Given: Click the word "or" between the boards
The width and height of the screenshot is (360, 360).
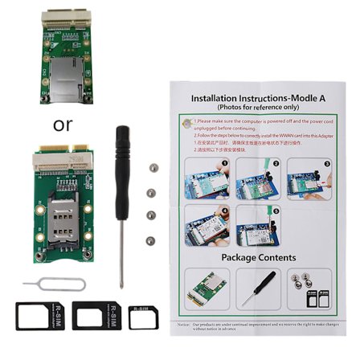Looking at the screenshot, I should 62,125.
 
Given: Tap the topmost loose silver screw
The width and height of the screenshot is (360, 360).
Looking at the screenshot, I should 153,168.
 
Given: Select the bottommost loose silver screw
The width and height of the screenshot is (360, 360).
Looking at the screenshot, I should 149,239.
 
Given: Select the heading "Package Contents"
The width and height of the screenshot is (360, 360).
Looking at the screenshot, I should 258,257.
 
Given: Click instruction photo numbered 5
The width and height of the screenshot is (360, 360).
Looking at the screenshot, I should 260,225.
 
